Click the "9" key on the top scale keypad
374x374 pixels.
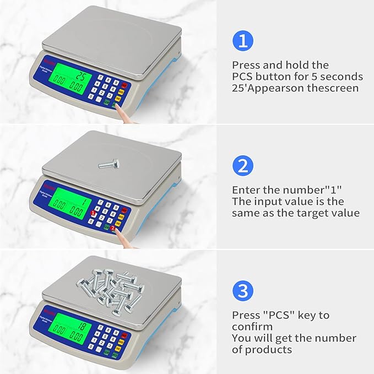116,81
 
